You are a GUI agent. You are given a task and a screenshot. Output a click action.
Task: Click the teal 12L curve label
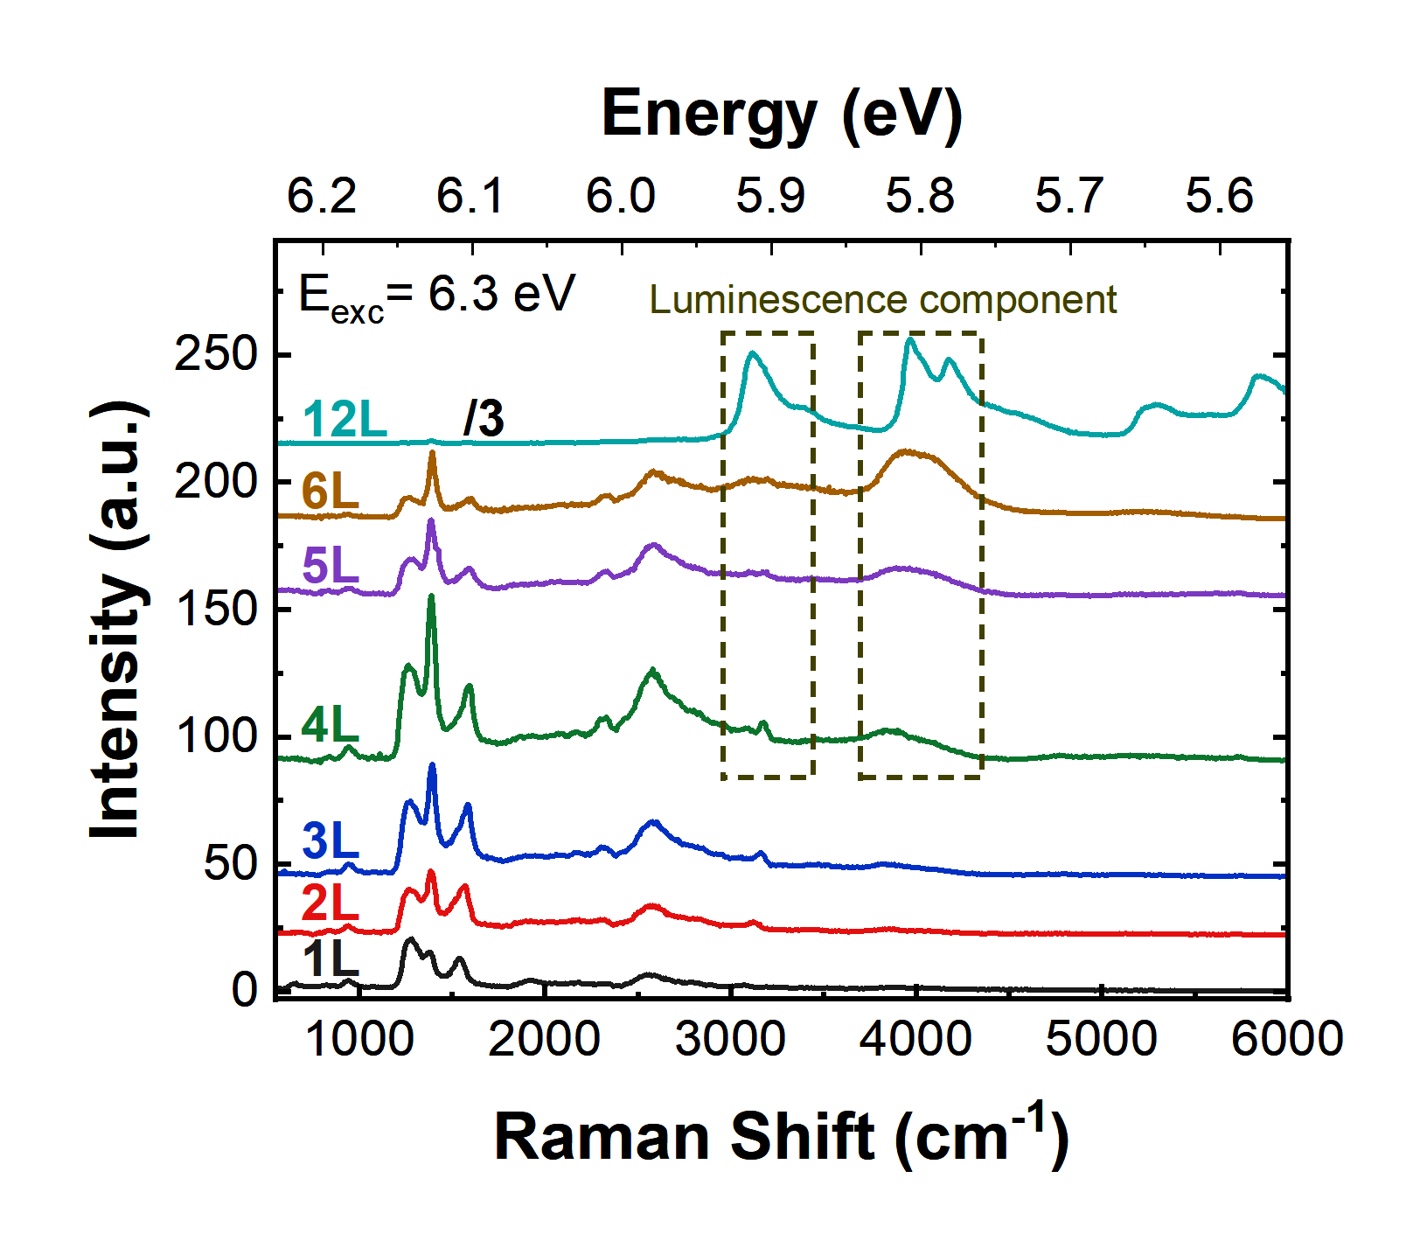coord(345,420)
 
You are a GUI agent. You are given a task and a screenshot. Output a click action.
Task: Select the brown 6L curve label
coord(331,491)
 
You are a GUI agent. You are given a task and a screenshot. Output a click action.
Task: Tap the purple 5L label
coord(331,565)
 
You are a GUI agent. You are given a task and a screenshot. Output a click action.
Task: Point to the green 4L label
coord(331,725)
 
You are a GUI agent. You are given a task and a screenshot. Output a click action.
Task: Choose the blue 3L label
coord(331,841)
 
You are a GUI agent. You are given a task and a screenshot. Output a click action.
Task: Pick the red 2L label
coord(331,903)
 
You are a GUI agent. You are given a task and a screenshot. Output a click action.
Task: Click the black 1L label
coord(331,959)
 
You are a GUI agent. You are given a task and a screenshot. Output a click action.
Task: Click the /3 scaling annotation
coord(484,419)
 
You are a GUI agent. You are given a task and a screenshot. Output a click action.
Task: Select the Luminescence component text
coord(882,300)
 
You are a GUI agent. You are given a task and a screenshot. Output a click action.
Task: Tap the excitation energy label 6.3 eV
coord(437,295)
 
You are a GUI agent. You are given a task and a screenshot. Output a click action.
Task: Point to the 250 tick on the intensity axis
coord(216,355)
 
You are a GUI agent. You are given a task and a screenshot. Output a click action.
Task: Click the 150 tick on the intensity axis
coord(216,609)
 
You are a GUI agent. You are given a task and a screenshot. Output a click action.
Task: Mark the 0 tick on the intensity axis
coord(245,990)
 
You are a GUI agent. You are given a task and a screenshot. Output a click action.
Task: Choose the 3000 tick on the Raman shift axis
coord(730,1040)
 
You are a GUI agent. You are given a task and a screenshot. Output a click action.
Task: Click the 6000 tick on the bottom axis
coord(1286,1040)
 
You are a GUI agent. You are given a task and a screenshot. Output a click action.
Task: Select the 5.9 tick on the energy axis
coord(770,196)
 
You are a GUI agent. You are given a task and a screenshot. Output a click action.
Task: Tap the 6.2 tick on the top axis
coord(322,196)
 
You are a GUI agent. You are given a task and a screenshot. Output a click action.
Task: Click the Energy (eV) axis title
coord(782,115)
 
